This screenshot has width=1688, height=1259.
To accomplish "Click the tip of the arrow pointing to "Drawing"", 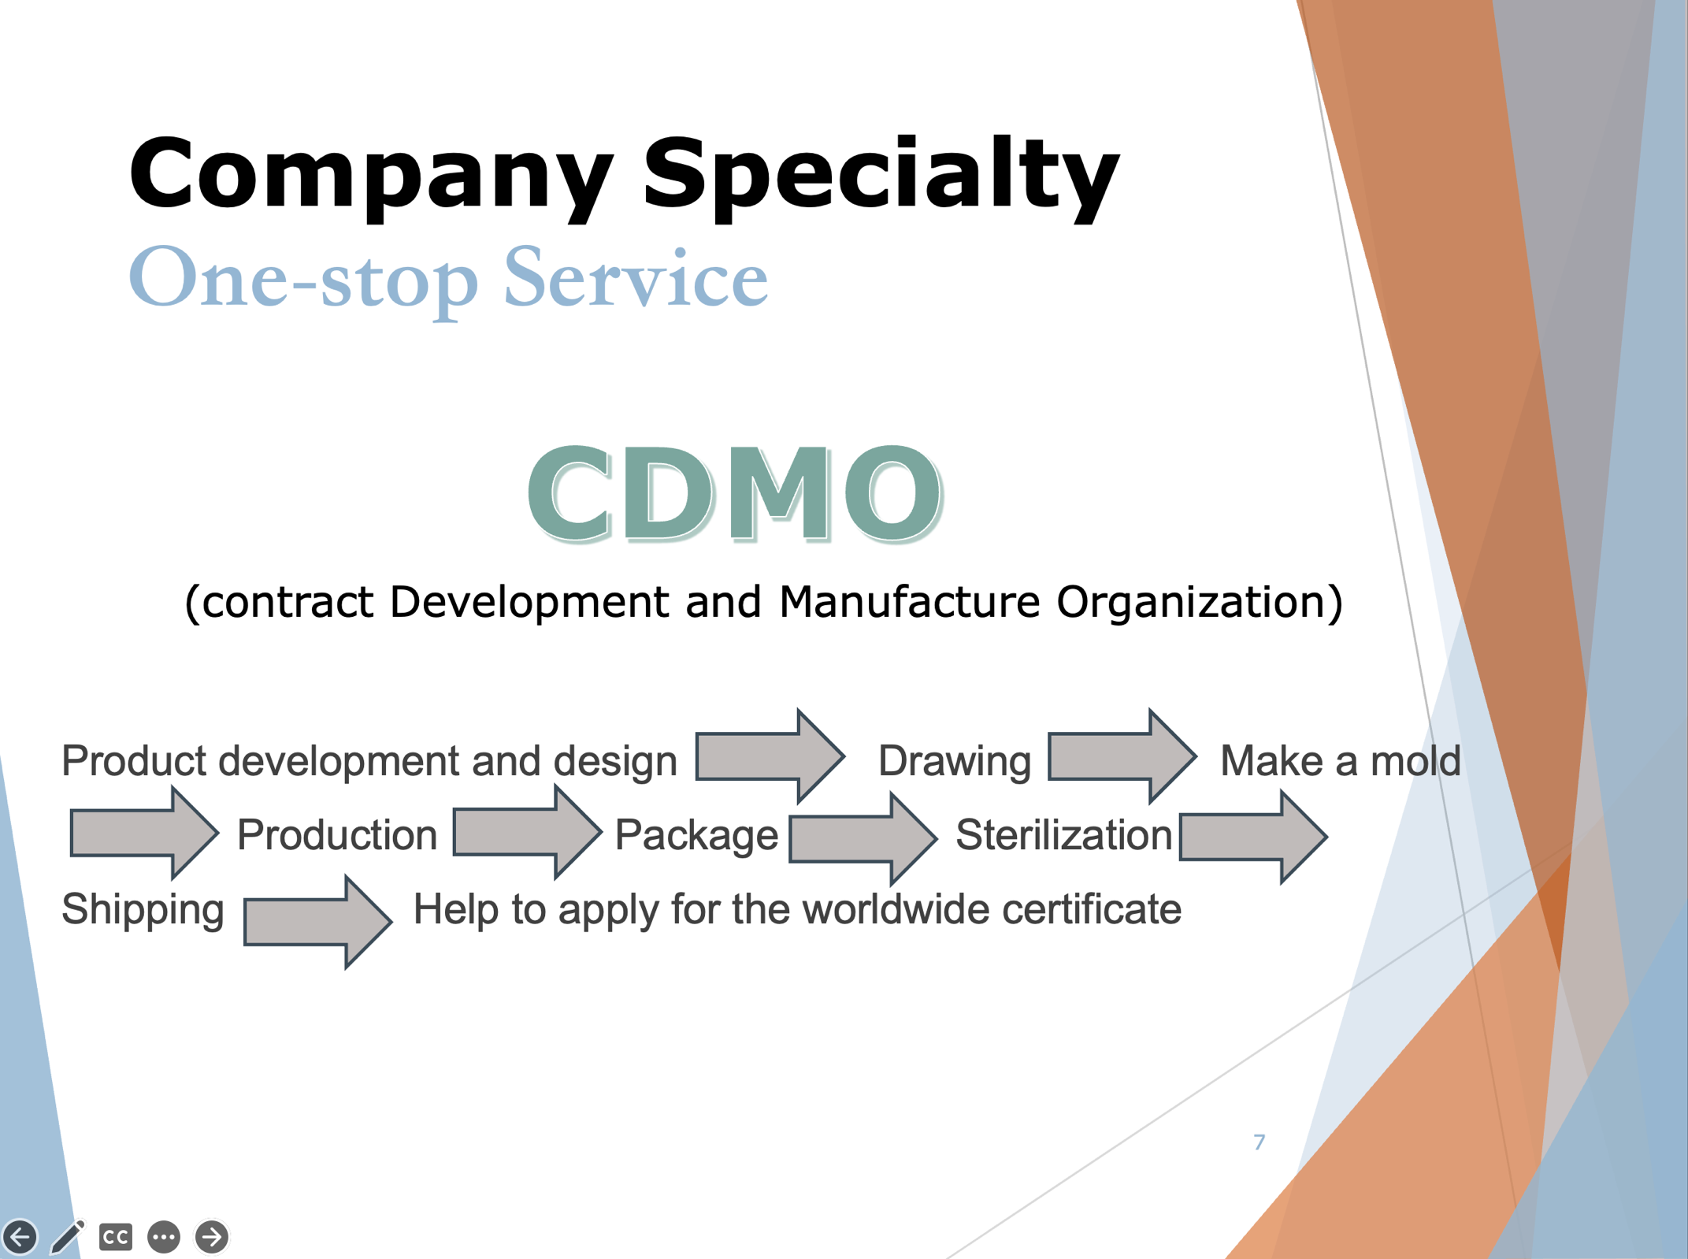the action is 845,756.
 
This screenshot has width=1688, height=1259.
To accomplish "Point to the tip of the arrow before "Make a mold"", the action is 1196,756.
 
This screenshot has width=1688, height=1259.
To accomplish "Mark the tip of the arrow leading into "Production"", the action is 218,832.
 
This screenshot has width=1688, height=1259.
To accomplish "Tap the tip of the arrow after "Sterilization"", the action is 1327,837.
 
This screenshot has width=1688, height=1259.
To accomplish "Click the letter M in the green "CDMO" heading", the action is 779,494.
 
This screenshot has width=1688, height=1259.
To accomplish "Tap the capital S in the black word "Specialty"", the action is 683,173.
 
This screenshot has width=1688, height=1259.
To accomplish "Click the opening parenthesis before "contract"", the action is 192,604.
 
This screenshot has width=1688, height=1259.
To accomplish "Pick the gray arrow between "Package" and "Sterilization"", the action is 863,838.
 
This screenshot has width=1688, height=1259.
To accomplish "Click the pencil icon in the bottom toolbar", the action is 68,1236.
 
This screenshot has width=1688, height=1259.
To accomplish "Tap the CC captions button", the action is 116,1237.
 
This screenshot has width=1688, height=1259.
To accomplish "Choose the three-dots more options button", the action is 164,1237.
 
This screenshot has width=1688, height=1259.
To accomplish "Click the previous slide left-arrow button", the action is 20,1237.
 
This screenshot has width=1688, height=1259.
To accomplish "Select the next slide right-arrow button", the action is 212,1237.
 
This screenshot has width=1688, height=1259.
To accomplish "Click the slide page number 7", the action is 1260,1142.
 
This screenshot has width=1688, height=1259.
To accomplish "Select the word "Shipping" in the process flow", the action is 143,910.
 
